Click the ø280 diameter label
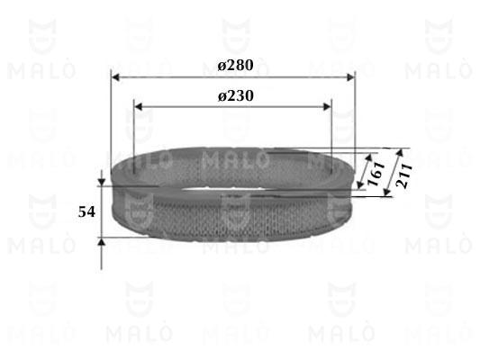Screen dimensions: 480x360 click(235, 65)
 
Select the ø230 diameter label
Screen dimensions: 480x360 click(236, 96)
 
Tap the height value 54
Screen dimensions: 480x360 click(86, 212)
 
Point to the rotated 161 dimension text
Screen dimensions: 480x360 click(376, 174)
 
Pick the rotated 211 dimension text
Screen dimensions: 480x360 click(403, 175)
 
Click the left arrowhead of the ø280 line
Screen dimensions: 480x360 click(115, 77)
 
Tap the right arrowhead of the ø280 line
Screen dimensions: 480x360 click(350, 77)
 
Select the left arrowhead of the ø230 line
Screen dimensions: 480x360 click(139, 107)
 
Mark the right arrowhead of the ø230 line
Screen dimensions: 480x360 click(327, 107)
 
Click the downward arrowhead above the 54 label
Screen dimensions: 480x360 click(102, 183)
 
